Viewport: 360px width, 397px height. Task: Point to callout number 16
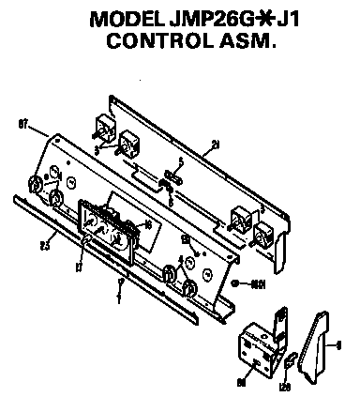147,224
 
